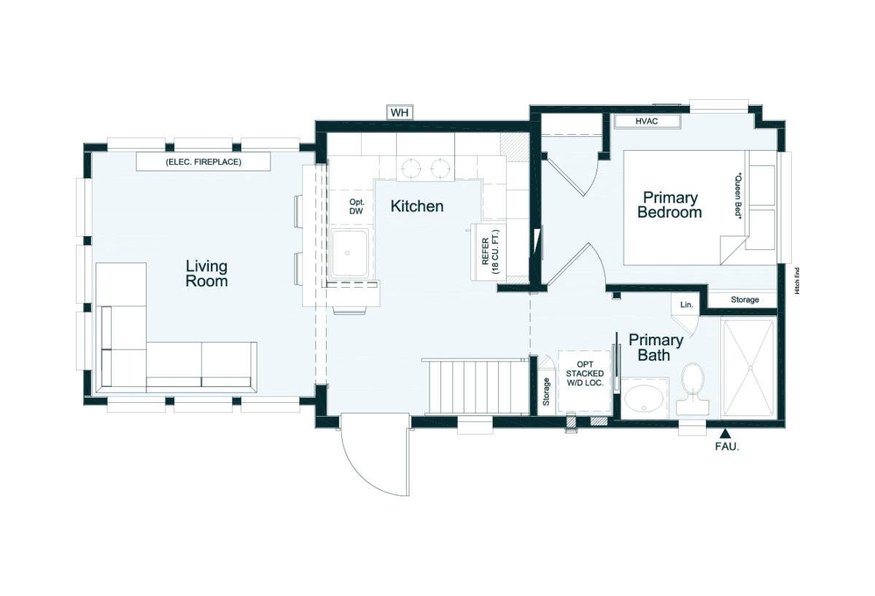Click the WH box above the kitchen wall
[x=400, y=113]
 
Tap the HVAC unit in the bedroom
[x=647, y=122]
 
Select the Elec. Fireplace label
[x=203, y=162]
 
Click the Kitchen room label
[x=417, y=206]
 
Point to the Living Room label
[x=206, y=274]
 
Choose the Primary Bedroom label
[x=669, y=205]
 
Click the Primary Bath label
[x=656, y=348]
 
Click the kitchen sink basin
[x=349, y=253]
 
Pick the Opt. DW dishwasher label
[x=357, y=206]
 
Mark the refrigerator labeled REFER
[x=489, y=252]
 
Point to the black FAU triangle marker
[x=726, y=434]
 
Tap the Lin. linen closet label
[x=686, y=305]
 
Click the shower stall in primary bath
[x=748, y=369]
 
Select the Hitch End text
[x=797, y=281]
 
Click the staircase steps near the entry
[x=479, y=386]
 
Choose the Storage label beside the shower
[x=745, y=299]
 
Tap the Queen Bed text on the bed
[x=738, y=196]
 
